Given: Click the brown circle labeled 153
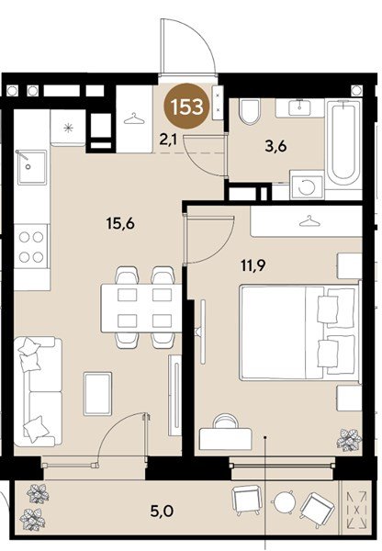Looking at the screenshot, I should pos(185,107).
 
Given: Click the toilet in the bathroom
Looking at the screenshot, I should pos(248,114).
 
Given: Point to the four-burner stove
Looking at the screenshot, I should pos(30,245).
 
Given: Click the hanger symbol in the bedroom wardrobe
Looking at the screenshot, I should pos(309,221).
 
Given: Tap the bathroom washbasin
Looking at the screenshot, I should pos(299,107).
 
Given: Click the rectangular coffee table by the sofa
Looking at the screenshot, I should pos(97,392).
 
